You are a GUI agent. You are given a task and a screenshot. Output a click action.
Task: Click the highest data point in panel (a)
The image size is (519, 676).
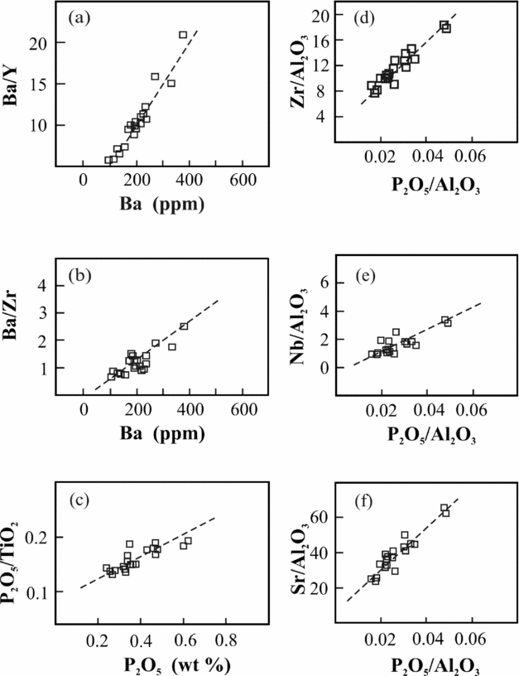pos(183,35)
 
